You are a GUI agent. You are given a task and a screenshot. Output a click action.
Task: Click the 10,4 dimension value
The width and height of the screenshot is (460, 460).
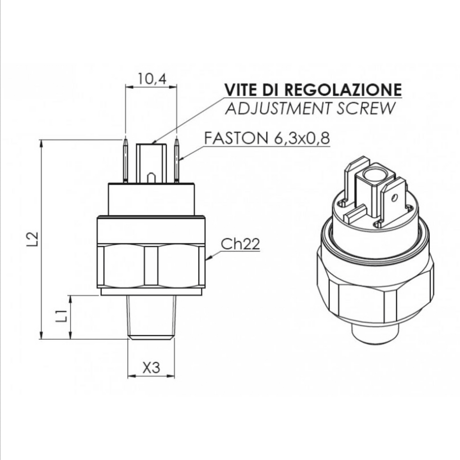tap(152, 79)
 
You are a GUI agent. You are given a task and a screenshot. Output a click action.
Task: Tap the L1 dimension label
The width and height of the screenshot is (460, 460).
tap(62, 315)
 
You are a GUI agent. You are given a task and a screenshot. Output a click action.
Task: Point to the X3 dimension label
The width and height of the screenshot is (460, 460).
tap(151, 367)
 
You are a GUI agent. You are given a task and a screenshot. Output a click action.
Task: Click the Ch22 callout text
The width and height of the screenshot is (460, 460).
tap(240, 244)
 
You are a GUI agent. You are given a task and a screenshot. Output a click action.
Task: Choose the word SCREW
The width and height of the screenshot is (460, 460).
tap(366, 108)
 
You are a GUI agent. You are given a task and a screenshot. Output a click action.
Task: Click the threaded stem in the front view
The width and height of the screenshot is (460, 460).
tap(151, 317)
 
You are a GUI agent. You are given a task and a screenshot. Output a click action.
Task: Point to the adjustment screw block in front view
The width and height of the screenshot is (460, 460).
tap(151, 163)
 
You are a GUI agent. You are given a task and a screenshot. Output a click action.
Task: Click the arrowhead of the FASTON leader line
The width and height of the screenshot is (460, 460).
tap(181, 159)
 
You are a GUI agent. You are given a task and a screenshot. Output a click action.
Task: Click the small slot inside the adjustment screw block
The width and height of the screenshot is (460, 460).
tap(151, 178)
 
